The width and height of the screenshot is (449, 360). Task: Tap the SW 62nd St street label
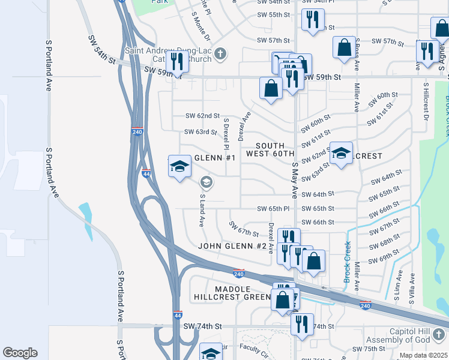click(x=202, y=116)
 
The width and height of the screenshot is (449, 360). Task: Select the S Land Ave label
click(x=202, y=210)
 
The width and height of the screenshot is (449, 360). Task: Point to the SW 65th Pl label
click(x=273, y=208)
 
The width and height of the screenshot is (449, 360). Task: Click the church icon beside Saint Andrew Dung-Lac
click(x=220, y=55)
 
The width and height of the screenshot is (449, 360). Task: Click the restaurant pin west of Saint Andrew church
click(x=177, y=61)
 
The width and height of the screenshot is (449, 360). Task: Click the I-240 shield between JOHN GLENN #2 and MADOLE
click(x=238, y=273)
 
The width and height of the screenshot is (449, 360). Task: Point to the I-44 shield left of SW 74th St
click(x=177, y=314)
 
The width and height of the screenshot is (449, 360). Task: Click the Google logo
click(x=20, y=353)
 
